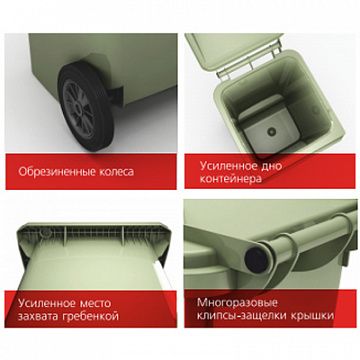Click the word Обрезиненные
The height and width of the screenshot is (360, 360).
tap(57, 172)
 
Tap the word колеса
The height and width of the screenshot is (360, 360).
tap(117, 172)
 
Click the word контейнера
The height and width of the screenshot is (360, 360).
tap(231, 179)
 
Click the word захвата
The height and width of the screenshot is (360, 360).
tap(39, 316)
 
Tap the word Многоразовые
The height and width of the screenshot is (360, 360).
tap(237, 303)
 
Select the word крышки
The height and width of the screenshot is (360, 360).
tap(313, 316)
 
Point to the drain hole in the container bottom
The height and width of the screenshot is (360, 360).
tap(270, 132)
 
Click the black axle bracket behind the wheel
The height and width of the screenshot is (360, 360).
tap(117, 93)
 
